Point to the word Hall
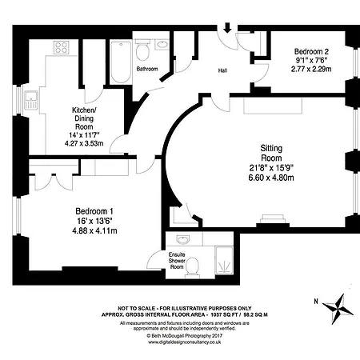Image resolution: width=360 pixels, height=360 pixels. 223,70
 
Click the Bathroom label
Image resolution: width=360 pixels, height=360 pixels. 146,69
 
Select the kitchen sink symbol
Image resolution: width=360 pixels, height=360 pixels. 33,100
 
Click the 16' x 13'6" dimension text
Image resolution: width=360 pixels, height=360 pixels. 90,221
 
